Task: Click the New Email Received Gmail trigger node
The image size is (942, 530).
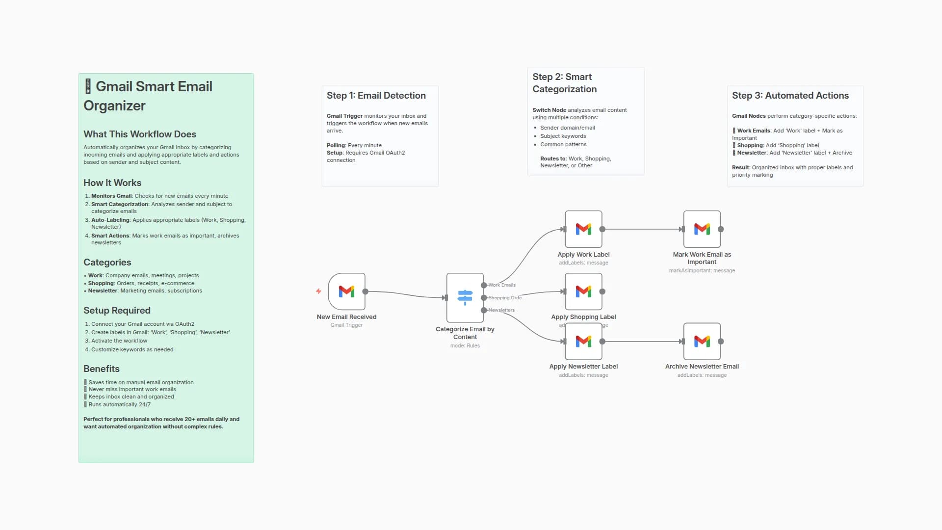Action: point(346,291)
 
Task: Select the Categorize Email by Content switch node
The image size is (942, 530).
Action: point(465,297)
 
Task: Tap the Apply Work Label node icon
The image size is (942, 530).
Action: point(583,229)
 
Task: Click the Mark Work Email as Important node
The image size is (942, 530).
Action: point(702,229)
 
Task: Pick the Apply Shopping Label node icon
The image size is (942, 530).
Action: point(583,291)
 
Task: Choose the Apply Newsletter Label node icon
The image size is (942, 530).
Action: point(583,342)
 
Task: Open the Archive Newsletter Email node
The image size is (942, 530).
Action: point(702,342)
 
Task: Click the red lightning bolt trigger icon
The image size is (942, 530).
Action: point(318,291)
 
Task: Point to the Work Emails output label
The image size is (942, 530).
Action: point(502,285)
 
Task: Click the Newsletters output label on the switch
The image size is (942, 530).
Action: point(501,310)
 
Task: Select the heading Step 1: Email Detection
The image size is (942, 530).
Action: point(376,96)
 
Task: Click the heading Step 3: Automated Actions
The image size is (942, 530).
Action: point(790,96)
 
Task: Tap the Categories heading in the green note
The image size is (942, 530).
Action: point(107,263)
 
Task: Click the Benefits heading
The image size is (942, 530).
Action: point(101,369)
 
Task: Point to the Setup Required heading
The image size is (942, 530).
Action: point(117,311)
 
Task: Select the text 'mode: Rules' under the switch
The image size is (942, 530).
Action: point(465,346)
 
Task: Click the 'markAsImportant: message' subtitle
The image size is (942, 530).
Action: point(702,271)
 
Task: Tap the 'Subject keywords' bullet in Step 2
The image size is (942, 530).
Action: point(563,136)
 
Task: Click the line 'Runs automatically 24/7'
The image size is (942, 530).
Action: point(119,405)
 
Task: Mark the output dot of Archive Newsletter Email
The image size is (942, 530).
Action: point(721,342)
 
